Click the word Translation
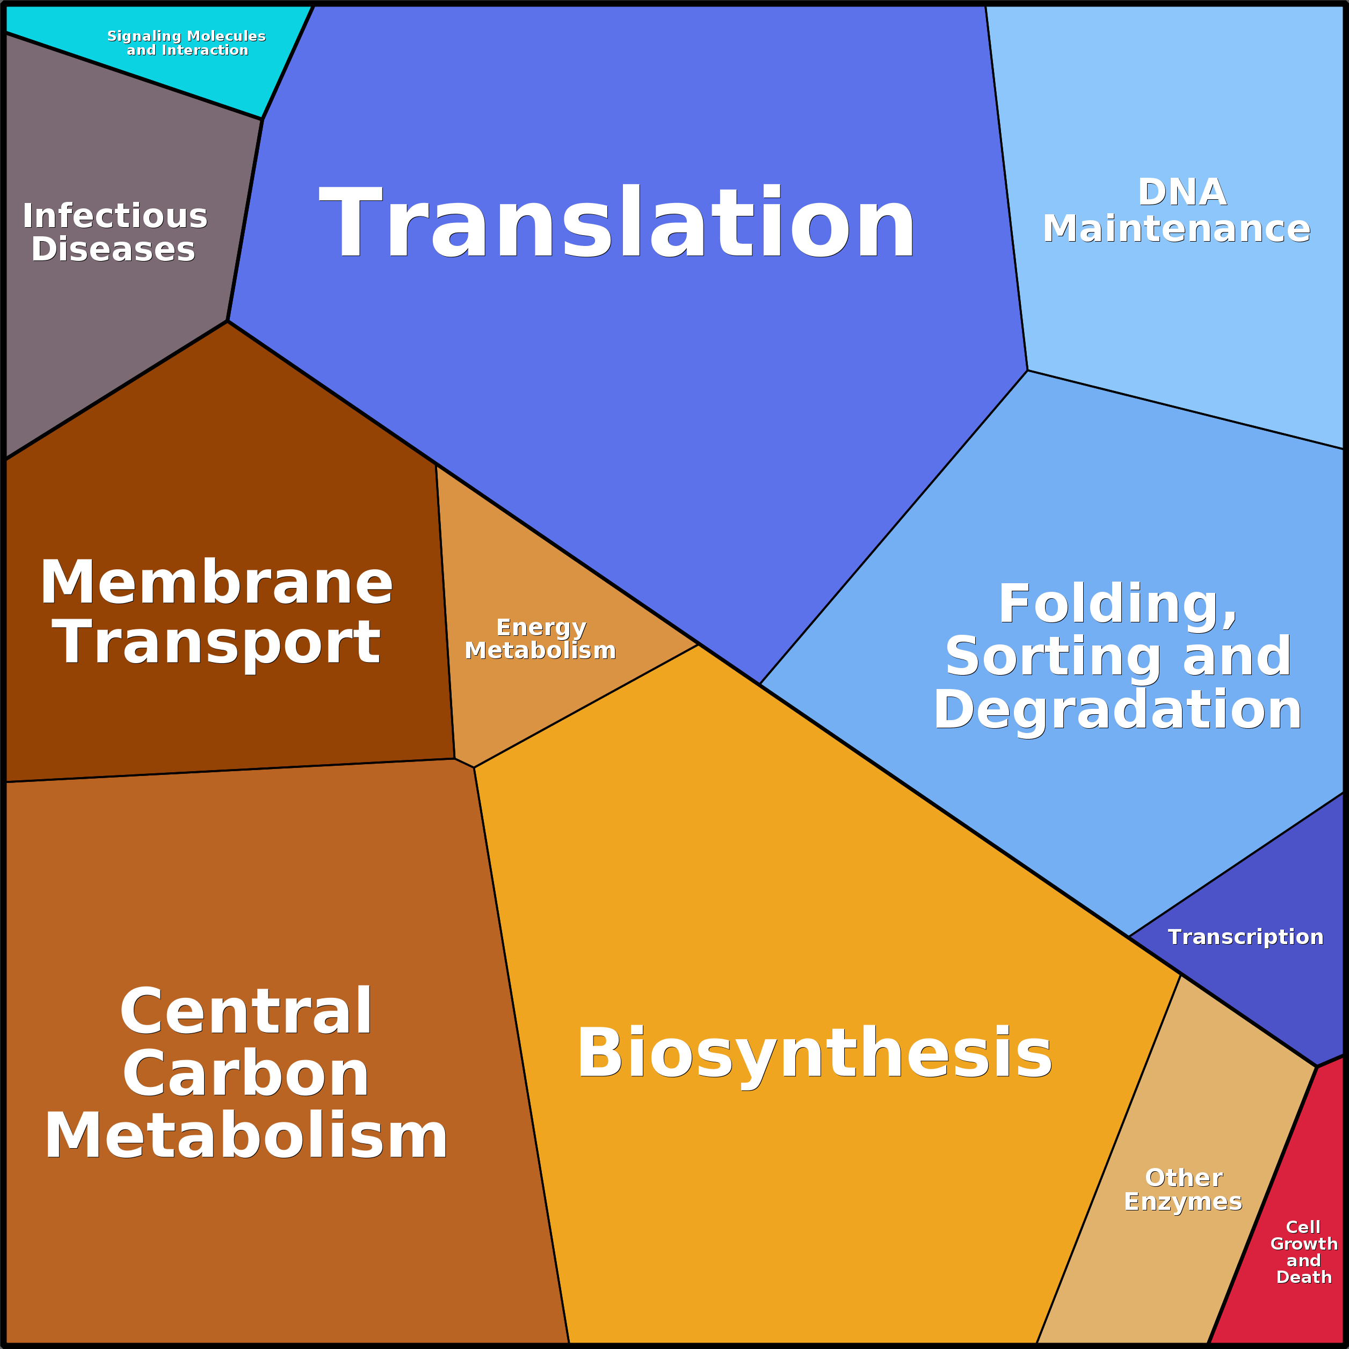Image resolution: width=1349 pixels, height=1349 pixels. pos(617,222)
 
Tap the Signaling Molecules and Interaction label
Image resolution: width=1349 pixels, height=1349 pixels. pos(186,42)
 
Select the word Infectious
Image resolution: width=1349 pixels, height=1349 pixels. pos(115,216)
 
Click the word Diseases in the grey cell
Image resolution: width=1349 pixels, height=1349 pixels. pos(113,249)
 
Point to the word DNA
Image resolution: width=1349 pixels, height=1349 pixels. pos(1182,192)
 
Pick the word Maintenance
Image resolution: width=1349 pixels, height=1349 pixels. pos(1177,228)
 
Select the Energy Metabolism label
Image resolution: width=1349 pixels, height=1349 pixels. pos(540,639)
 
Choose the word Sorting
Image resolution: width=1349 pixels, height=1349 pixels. pos(1053,656)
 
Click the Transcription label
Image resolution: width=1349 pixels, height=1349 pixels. pos(1246,937)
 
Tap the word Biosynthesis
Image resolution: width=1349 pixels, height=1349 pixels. pos(814,1054)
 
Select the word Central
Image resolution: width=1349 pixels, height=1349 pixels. pos(246,1012)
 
